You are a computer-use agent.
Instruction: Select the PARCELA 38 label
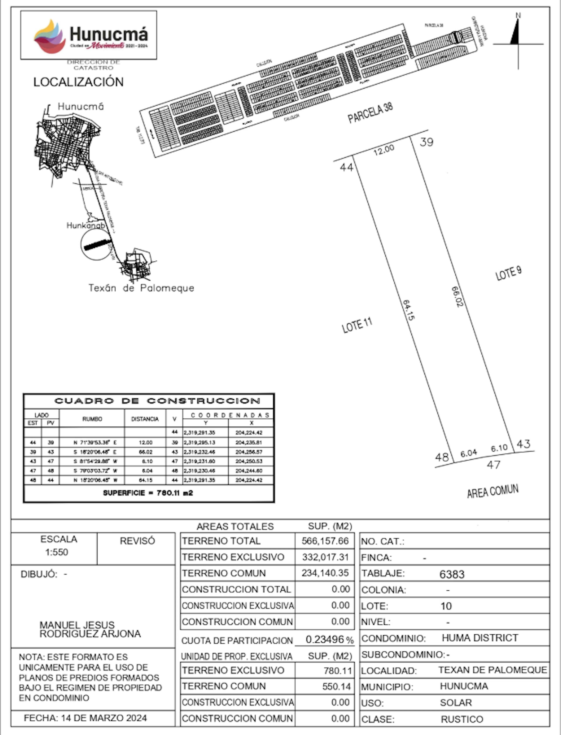tap(370, 113)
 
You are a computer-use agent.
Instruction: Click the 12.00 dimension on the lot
tap(384, 150)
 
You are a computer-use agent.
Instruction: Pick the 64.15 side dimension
tap(408, 310)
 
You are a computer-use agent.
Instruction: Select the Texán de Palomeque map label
tap(141, 288)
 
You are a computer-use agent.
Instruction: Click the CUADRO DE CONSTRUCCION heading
tap(157, 401)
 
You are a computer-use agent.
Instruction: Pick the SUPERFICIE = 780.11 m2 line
tap(148, 493)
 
